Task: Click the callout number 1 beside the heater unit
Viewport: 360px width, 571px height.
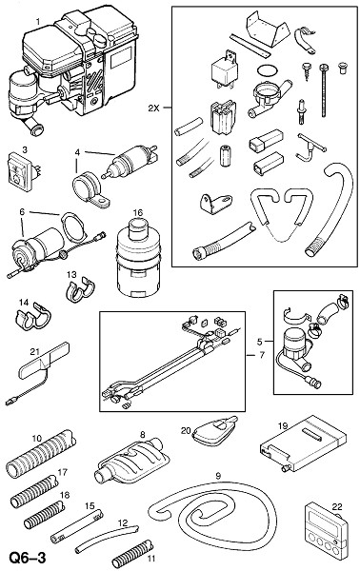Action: click(38, 22)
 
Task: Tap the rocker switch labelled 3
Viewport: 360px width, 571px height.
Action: click(22, 171)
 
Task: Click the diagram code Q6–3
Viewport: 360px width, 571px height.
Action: click(28, 558)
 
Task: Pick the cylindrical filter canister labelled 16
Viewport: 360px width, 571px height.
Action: click(138, 258)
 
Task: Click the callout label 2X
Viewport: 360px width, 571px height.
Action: click(153, 108)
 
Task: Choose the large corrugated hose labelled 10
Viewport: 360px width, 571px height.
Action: click(41, 454)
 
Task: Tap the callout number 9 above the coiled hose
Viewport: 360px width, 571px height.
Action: click(218, 476)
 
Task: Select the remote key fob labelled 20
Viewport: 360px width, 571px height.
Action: click(214, 432)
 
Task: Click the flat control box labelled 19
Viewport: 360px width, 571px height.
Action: click(303, 443)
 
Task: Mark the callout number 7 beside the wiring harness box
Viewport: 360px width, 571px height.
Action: click(262, 355)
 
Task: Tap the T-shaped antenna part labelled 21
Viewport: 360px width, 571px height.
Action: click(38, 373)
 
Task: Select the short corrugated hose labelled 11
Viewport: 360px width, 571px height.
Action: click(132, 553)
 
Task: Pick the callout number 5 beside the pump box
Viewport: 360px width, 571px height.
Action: click(259, 342)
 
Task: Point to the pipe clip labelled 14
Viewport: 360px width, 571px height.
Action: click(32, 315)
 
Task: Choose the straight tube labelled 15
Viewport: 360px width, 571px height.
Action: click(76, 526)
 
